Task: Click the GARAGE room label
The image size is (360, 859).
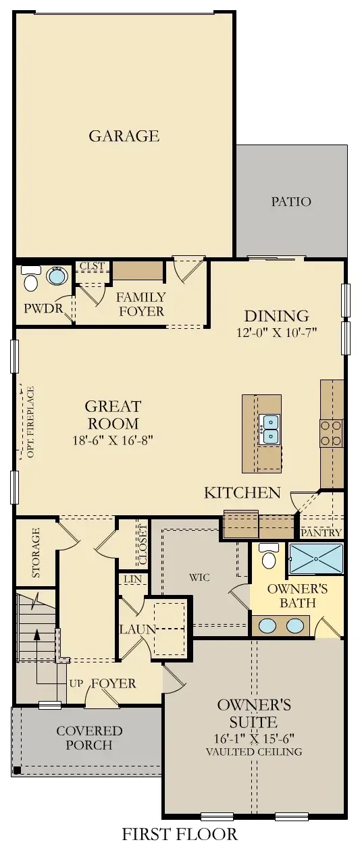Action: tap(124, 136)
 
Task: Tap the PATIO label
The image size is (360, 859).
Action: tap(291, 201)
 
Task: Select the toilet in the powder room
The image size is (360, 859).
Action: tap(30, 279)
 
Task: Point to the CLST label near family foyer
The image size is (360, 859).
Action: tap(92, 266)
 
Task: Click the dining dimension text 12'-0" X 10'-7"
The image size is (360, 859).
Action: tap(276, 332)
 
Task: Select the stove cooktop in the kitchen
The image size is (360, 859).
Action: tap(332, 433)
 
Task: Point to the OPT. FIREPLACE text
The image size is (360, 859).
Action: tap(30, 421)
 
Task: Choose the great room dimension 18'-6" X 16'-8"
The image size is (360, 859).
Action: tap(113, 441)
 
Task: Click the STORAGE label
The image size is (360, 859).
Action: tap(36, 553)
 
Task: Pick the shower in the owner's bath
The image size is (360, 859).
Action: tap(315, 558)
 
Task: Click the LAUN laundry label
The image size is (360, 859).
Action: tap(138, 629)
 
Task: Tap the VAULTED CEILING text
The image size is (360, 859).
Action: tap(254, 751)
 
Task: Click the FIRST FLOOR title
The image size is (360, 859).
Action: tap(180, 834)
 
